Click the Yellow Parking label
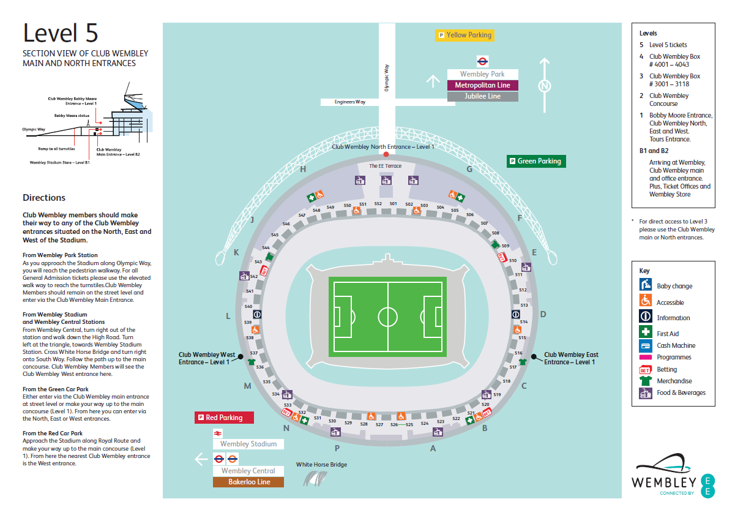click(464, 35)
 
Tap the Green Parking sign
click(537, 161)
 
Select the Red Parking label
click(224, 418)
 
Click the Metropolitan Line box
click(482, 85)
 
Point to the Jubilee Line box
click(482, 97)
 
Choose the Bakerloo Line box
click(248, 482)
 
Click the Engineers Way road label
click(350, 102)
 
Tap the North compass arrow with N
click(544, 86)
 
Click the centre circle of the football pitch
click(387, 317)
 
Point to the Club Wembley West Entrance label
click(207, 358)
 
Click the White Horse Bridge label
click(321, 465)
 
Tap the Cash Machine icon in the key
click(645, 346)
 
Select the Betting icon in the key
click(645, 369)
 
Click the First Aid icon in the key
click(645, 333)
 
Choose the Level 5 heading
click(60, 34)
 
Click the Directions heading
click(44, 198)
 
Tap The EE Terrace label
click(385, 166)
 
